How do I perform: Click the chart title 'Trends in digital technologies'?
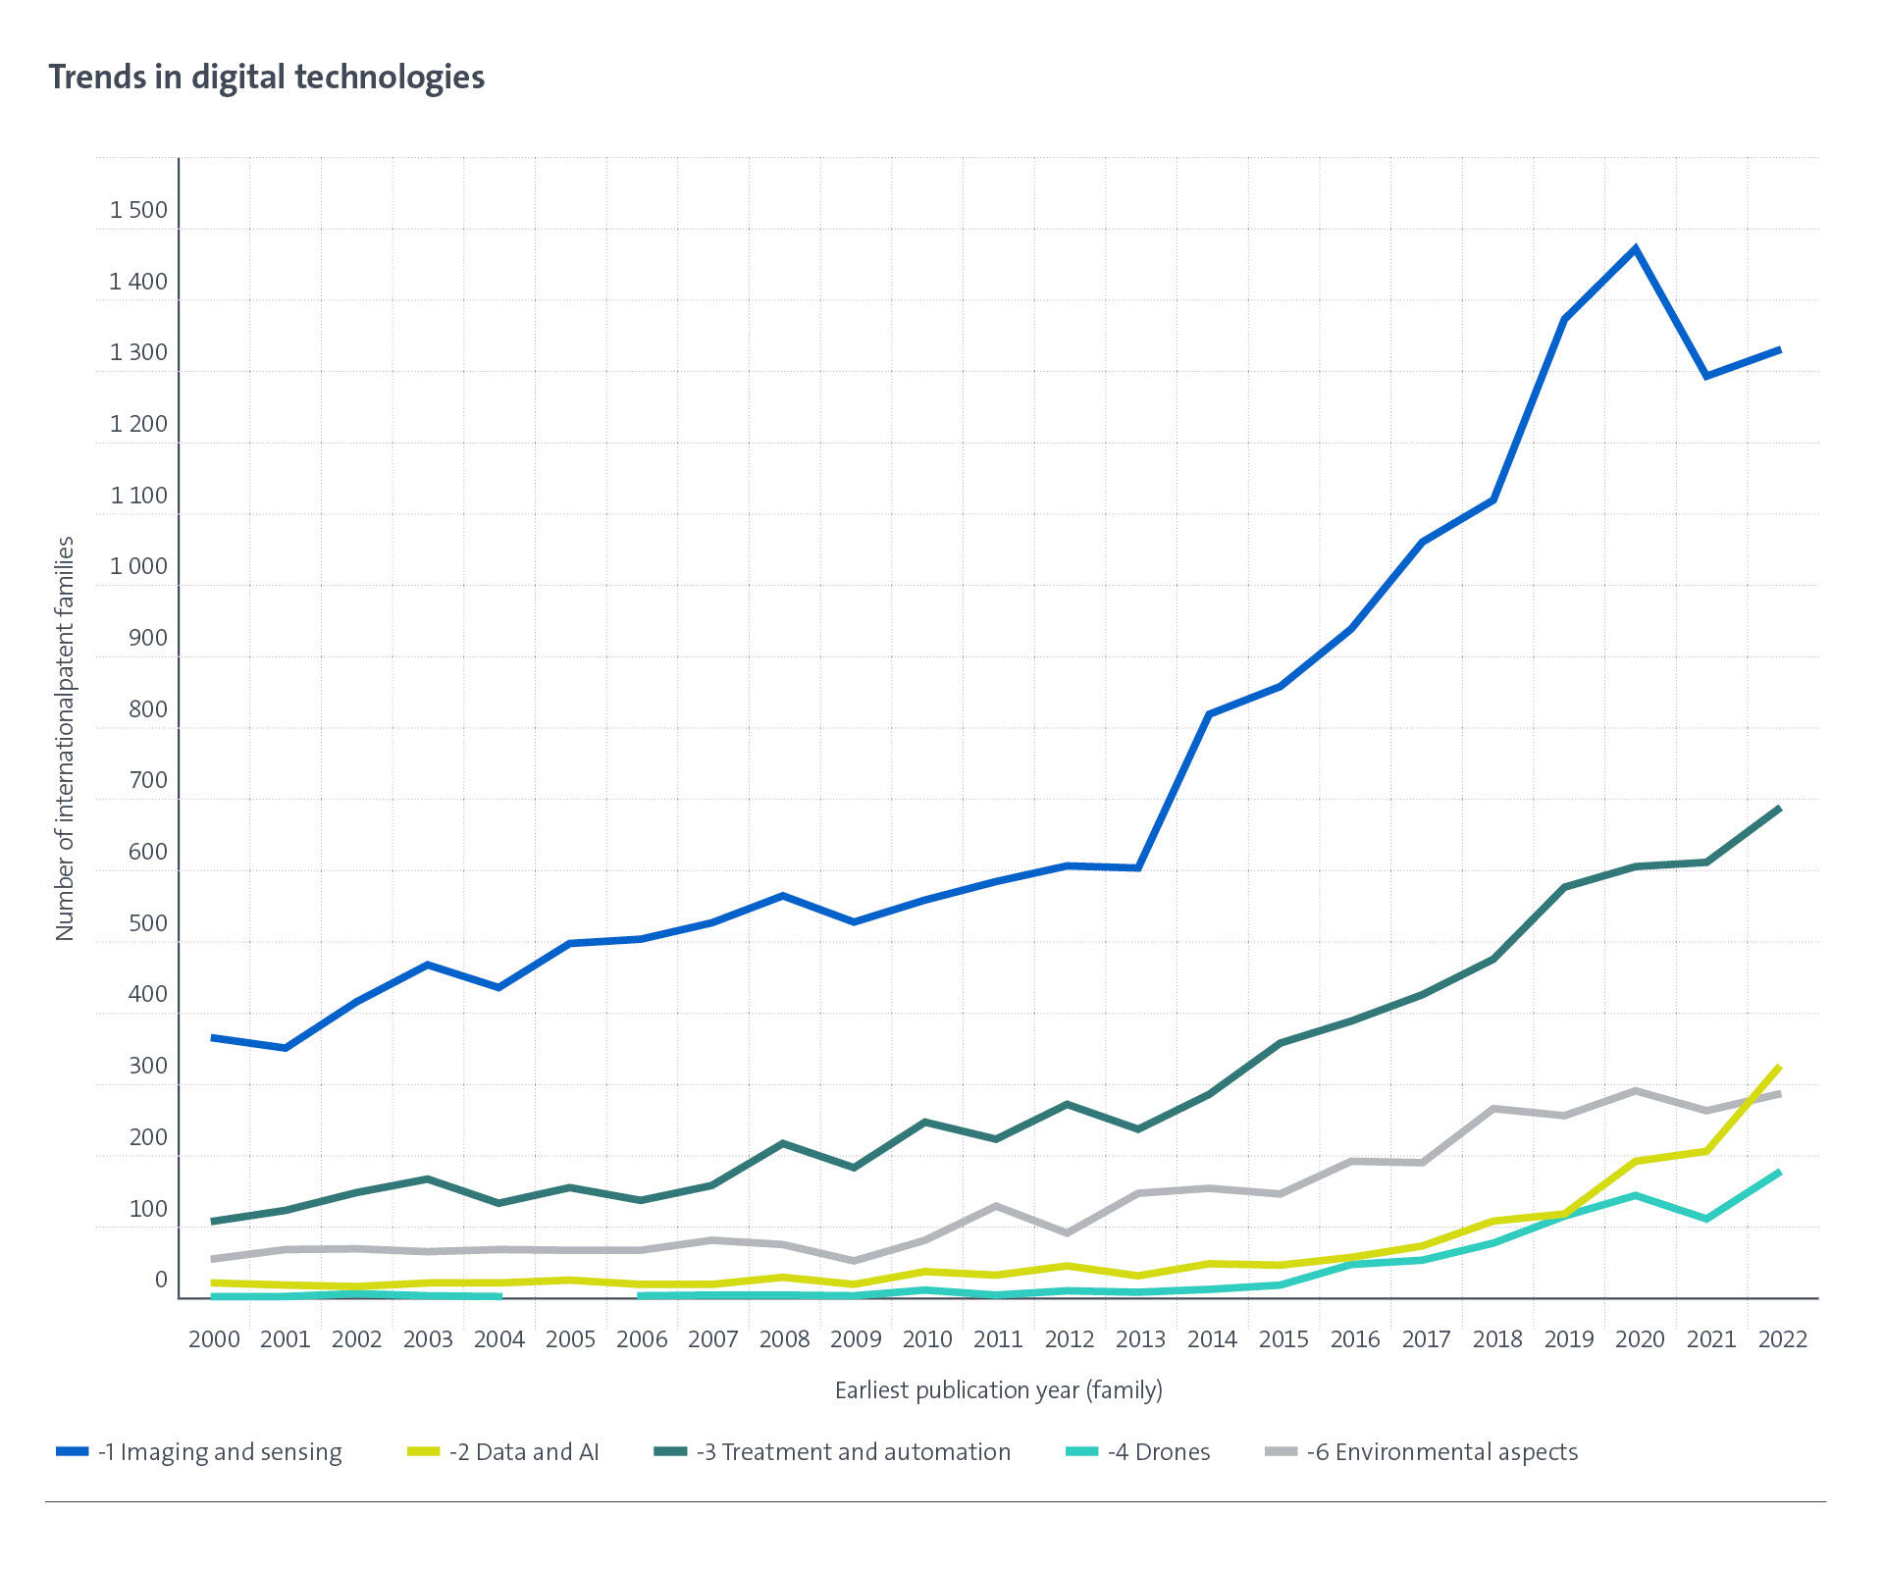tap(267, 77)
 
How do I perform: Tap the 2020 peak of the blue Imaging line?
tap(1635, 248)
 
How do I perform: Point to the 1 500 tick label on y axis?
tap(138, 210)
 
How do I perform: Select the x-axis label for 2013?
tap(1140, 1339)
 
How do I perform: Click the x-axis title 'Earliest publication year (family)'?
tap(998, 1390)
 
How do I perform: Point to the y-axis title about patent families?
tap(65, 738)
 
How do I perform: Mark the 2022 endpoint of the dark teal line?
tap(1779, 809)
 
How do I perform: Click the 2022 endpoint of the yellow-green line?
tap(1779, 1068)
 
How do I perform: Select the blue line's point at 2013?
tap(1138, 867)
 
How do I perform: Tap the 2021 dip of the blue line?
tap(1706, 376)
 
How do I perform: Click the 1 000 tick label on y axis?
tap(138, 567)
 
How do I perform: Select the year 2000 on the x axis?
tap(214, 1339)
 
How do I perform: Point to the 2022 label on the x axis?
tap(1782, 1339)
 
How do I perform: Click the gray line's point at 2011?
tap(996, 1206)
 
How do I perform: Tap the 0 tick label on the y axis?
tap(161, 1281)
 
